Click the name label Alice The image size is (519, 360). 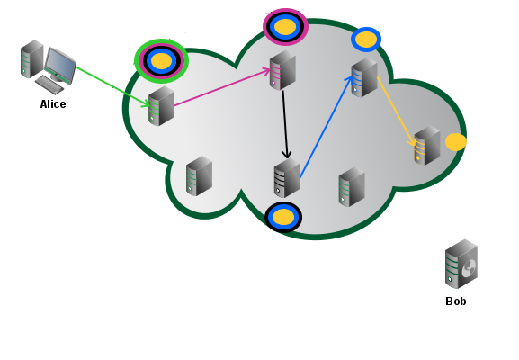[x=53, y=104]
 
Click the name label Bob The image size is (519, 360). [x=456, y=301]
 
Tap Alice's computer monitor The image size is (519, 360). [x=60, y=66]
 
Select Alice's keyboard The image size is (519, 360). [x=49, y=85]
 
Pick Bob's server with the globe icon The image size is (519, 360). [x=461, y=264]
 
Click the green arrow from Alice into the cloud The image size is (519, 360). [x=112, y=87]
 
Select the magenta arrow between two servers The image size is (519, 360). [x=222, y=87]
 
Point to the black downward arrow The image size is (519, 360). [x=285, y=124]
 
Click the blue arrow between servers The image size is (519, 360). [x=326, y=127]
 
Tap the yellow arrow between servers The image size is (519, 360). [x=396, y=112]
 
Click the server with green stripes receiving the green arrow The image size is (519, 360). [x=161, y=106]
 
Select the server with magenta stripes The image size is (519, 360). [x=282, y=70]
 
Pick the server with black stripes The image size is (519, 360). [x=287, y=178]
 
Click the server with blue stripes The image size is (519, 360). [x=364, y=77]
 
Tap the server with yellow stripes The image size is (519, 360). [x=427, y=146]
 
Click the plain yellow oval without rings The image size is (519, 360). [x=456, y=142]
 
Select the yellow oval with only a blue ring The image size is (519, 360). [x=366, y=40]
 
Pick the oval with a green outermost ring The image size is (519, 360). [x=162, y=61]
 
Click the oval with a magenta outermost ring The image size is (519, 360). [x=285, y=26]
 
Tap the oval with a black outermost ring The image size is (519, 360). [x=283, y=217]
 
